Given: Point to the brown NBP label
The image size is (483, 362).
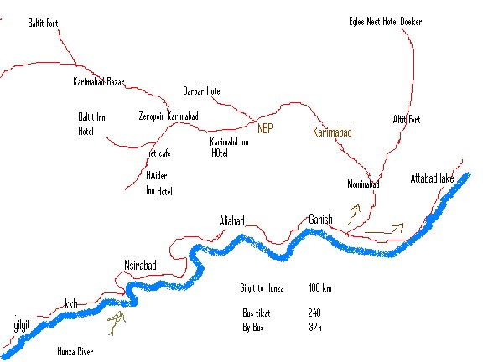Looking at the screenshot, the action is click(265, 129).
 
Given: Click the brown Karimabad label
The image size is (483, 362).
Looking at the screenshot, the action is click(332, 132).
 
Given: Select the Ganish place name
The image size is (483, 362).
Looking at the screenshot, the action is click(320, 219).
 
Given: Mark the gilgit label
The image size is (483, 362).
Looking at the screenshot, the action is click(21, 323).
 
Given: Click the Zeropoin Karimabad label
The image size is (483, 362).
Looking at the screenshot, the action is click(168, 116).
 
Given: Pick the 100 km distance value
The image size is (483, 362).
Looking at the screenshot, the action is click(319, 288).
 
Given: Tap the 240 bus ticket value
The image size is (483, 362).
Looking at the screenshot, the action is click(314, 313).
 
